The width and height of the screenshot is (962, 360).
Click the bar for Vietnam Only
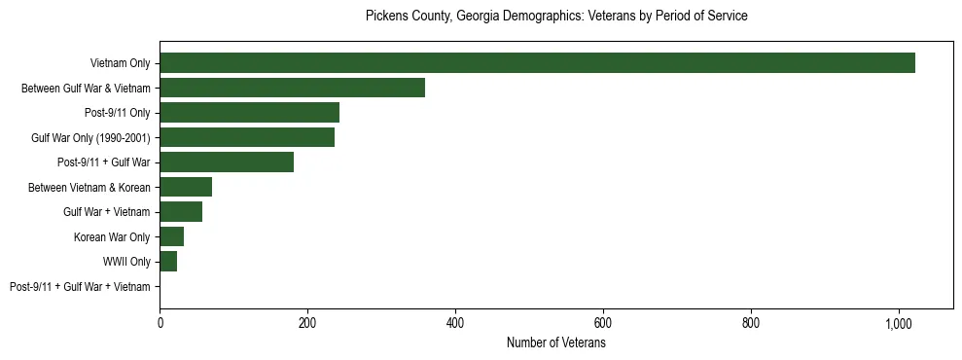pyautogui.click(x=537, y=63)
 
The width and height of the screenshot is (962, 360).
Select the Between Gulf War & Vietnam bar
pyautogui.click(x=292, y=88)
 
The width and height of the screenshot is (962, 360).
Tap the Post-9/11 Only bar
pyautogui.click(x=249, y=113)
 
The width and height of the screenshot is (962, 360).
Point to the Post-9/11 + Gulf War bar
pyautogui.click(x=227, y=162)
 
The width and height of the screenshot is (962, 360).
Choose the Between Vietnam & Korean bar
pyautogui.click(x=186, y=187)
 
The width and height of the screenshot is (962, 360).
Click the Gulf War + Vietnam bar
pyautogui.click(x=181, y=212)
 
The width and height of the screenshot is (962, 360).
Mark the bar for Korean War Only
pyautogui.click(x=171, y=236)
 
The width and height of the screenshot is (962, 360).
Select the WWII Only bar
pyautogui.click(x=168, y=262)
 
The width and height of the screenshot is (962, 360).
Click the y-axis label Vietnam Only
pyautogui.click(x=120, y=63)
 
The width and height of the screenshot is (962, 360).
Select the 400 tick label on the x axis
pyautogui.click(x=455, y=324)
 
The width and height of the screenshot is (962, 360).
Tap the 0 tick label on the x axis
pyautogui.click(x=160, y=324)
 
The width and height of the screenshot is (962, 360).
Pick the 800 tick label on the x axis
pyautogui.click(x=751, y=324)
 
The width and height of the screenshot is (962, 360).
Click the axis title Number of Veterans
pyautogui.click(x=556, y=343)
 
